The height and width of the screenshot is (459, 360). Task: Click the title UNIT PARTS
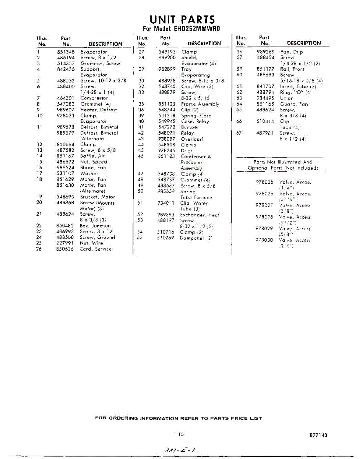(182, 20)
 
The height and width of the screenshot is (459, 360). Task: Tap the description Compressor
(94, 98)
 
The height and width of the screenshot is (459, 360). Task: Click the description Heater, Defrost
(99, 110)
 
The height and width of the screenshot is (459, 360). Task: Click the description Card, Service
(96, 249)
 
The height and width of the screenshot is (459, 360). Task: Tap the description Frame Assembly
(200, 104)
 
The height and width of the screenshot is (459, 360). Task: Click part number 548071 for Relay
(167, 133)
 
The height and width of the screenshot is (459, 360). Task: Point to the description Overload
(192, 139)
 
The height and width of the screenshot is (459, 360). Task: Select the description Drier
(187, 151)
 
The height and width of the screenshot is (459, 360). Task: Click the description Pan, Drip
(292, 52)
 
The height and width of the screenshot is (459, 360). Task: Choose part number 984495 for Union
(266, 98)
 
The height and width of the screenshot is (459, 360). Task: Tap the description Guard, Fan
(294, 104)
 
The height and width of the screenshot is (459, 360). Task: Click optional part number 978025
(264, 182)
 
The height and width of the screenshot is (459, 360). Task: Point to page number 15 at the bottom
(181, 435)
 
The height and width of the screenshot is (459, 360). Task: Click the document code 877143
(319, 435)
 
